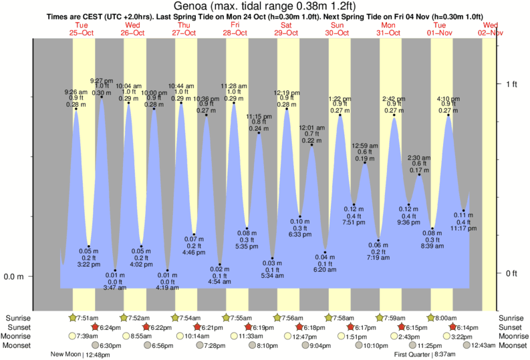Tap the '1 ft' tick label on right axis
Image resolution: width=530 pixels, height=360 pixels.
[511, 83]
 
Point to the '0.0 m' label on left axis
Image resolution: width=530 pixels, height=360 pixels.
[13, 277]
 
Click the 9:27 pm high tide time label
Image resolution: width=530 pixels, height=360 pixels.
[101, 80]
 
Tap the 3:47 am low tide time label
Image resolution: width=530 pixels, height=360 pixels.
[115, 287]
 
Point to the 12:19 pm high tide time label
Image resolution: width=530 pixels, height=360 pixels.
[287, 93]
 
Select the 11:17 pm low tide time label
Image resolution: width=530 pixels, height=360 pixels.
[463, 228]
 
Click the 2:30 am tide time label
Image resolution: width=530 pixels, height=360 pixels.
[419, 157]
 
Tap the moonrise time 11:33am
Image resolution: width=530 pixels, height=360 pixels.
[247, 337]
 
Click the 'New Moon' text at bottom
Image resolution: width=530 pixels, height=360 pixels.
[66, 355]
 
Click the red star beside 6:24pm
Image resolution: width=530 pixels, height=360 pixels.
[94, 327]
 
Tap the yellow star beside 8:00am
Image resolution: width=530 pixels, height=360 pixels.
[430, 318]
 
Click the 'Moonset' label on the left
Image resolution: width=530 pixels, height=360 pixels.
[19, 345]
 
